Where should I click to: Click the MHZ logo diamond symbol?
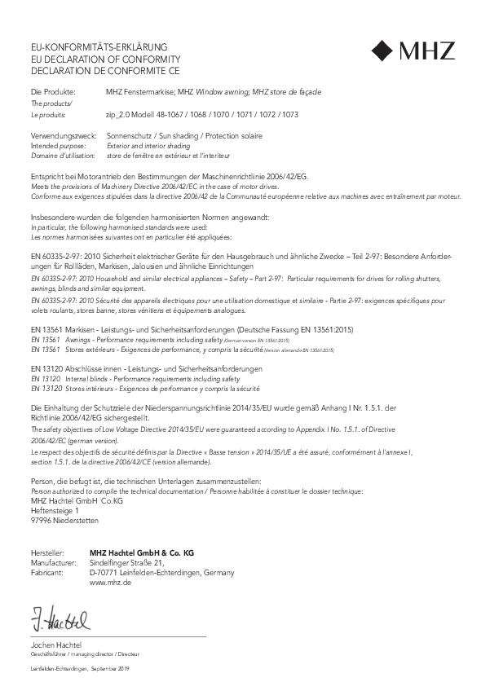click(x=382, y=51)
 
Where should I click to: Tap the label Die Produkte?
click(x=53, y=92)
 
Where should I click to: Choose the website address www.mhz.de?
click(x=111, y=583)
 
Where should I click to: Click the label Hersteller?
click(x=46, y=552)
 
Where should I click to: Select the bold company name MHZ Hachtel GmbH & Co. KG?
click(x=142, y=552)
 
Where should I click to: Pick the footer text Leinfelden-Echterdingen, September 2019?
click(x=79, y=668)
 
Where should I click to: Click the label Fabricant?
click(x=47, y=573)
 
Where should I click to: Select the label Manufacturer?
click(x=53, y=562)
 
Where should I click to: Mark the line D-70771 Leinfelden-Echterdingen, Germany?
click(x=161, y=573)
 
